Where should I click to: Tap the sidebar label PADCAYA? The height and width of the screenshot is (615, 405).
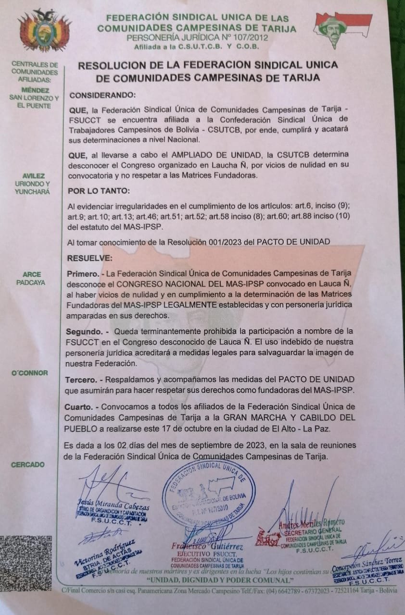pyautogui.click(x=31, y=283)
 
